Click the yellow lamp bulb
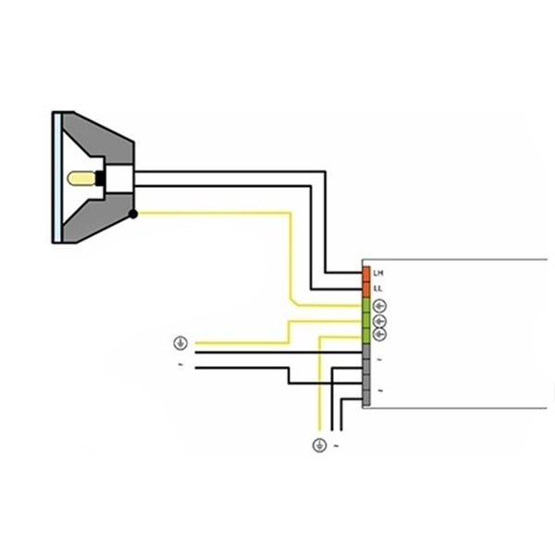click(81, 179)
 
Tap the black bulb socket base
click(100, 179)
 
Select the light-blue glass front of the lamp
click(57, 178)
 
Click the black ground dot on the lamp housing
click(133, 214)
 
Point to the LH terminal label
click(378, 273)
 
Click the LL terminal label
click(378, 289)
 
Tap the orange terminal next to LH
click(366, 275)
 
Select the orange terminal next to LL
click(366, 290)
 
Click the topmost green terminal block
click(366, 305)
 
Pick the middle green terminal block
click(366, 321)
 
